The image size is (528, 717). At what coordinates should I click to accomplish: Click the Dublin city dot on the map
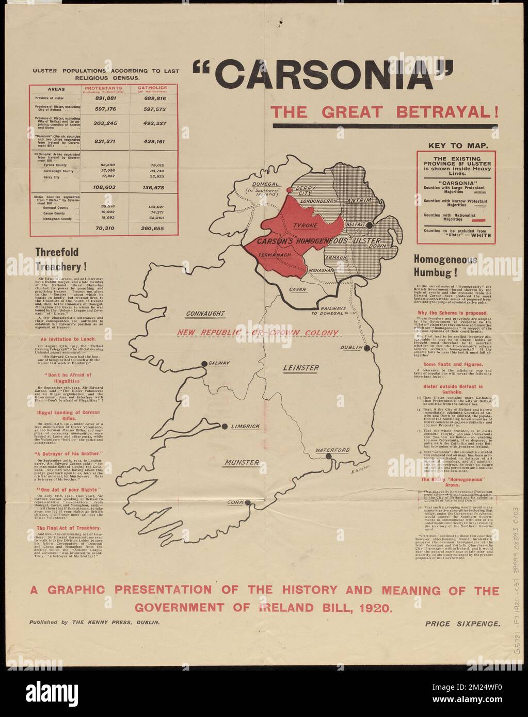[367, 348]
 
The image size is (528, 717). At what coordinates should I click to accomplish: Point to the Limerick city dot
[225, 426]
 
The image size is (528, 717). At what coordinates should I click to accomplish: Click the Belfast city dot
[369, 225]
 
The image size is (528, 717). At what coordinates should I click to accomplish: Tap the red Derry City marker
[290, 190]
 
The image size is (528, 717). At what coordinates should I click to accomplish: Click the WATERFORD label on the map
[333, 450]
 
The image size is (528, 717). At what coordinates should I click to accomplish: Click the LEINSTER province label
[301, 368]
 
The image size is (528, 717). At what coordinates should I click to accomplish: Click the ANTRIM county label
[357, 200]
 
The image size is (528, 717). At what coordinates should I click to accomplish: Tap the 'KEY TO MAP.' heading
[455, 146]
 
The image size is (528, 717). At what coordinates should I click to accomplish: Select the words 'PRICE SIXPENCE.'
[462, 624]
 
